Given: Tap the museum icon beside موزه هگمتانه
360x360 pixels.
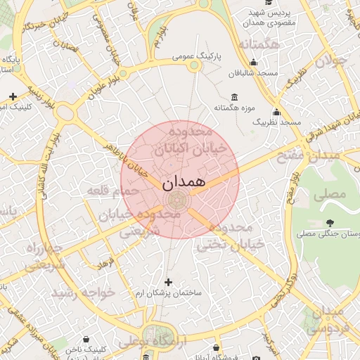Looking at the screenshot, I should [x=233, y=97].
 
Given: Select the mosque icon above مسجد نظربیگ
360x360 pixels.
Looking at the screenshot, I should [x=276, y=112].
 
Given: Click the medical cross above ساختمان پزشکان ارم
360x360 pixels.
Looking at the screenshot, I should [x=167, y=281].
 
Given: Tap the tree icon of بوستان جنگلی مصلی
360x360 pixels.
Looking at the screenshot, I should [x=330, y=223].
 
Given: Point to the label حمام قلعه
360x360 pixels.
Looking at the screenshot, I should [x=112, y=190].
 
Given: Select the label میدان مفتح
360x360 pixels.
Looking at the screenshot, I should [x=314, y=155].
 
